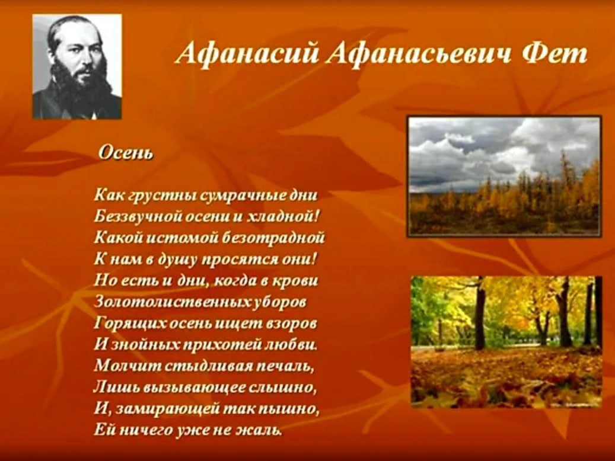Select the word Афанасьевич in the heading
pyautogui.click(x=419, y=53)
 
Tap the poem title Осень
pyautogui.click(x=126, y=152)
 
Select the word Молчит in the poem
pyautogui.click(x=128, y=366)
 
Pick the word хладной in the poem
pyautogui.click(x=281, y=216)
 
